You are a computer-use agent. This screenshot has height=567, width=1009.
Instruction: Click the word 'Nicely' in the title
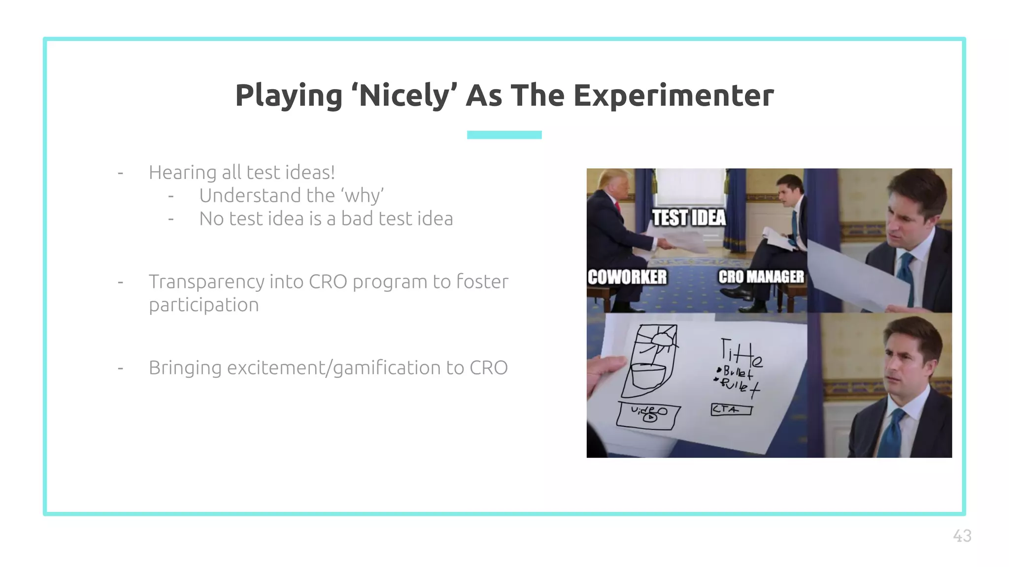click(404, 95)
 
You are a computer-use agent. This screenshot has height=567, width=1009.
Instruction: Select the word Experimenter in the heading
click(673, 95)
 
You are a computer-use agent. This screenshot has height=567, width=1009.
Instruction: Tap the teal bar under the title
click(504, 135)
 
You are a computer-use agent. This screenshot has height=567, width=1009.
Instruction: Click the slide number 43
click(962, 535)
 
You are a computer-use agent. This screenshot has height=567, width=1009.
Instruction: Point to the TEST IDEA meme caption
click(689, 218)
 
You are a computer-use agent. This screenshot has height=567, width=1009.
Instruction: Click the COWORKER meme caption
click(627, 277)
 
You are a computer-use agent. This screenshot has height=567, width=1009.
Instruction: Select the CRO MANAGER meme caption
click(761, 277)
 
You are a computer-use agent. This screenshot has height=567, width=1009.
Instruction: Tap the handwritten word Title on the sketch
click(741, 351)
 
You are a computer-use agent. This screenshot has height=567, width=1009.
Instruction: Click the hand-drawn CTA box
click(731, 409)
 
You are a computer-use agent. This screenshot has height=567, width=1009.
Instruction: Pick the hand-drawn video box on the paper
click(648, 415)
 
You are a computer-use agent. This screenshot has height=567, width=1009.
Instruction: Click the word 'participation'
click(203, 305)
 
